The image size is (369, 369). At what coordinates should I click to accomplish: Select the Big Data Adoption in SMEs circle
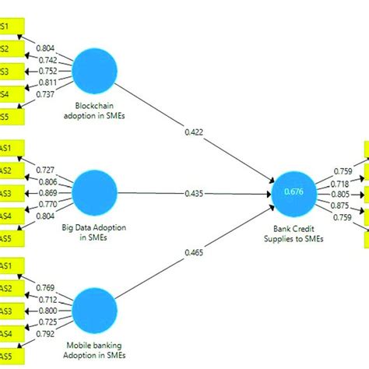click(93, 191)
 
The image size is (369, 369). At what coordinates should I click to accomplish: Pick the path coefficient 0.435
click(195, 192)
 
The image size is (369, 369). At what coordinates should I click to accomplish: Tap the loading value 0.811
click(47, 81)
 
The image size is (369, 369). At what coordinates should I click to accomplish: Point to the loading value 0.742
click(47, 59)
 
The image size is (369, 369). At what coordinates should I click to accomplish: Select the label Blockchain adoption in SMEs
click(93, 111)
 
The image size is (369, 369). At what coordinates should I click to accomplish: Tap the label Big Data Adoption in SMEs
click(93, 232)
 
